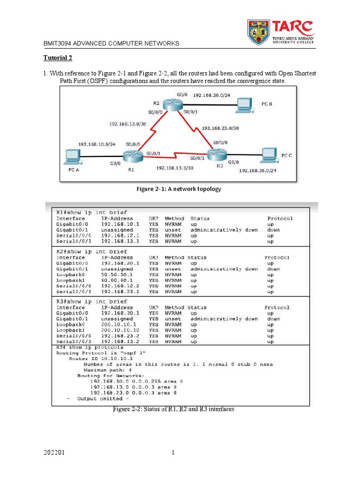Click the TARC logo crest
tap(258, 31)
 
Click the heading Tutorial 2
tap(58, 58)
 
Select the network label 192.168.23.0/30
tap(220, 127)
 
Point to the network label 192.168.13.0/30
tap(174, 167)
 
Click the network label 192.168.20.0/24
tap(211, 95)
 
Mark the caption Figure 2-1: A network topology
tap(178, 189)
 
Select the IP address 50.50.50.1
tap(117, 275)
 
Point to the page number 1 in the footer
tap(172, 453)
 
